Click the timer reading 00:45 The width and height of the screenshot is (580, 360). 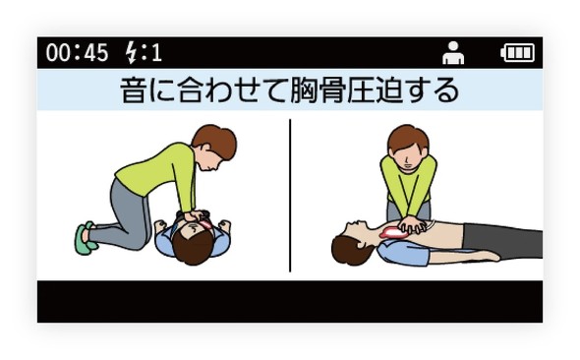coord(77,52)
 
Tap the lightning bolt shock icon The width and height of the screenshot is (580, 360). coord(131,52)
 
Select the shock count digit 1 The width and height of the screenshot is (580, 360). coord(157,52)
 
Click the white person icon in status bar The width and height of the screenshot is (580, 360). coord(453,53)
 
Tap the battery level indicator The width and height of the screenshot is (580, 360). coord(517,52)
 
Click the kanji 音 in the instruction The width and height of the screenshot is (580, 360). coord(133,90)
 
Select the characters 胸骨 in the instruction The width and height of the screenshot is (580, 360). coord(319,90)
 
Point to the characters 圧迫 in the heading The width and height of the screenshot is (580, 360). coord(375,90)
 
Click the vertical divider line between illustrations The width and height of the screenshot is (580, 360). coord(290,196)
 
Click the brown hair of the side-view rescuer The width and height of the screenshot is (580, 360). coord(215,140)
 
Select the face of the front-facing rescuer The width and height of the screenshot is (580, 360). coord(408,156)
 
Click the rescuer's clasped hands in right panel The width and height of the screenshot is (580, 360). coord(413,225)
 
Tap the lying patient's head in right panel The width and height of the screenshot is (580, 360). coord(352,242)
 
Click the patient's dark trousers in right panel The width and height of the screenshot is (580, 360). coord(502,240)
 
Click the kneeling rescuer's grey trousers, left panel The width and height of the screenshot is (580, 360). coord(122,218)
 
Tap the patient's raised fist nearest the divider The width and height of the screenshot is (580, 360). coord(224,225)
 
